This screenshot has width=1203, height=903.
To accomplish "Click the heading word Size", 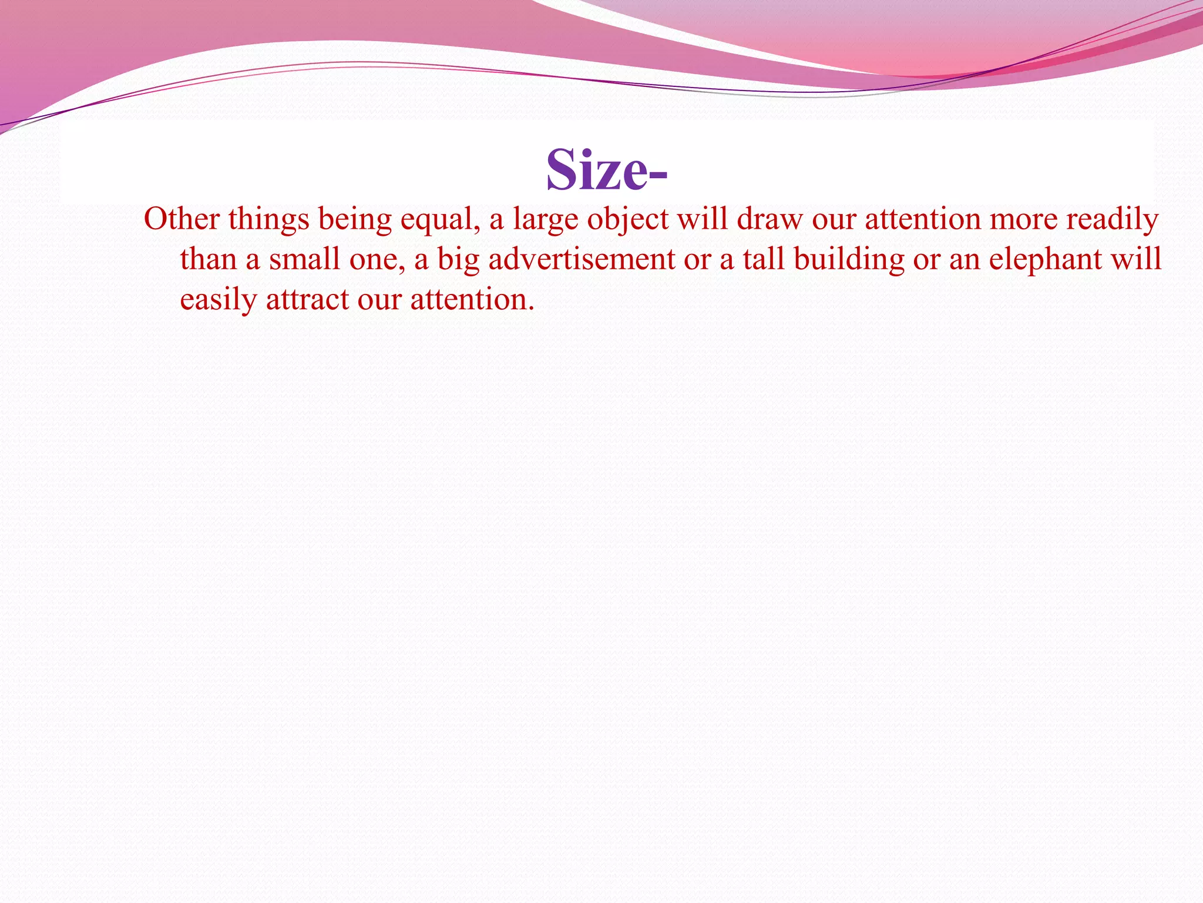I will click(x=596, y=170).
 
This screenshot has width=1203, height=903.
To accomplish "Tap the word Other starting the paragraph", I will click(x=182, y=219).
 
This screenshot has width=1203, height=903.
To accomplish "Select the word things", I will click(x=268, y=219).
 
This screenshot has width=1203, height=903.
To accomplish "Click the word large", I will click(x=545, y=220).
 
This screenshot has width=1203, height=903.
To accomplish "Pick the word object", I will click(x=627, y=220).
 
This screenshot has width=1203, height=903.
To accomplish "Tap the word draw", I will click(x=769, y=219).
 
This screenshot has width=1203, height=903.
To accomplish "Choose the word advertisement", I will click(x=582, y=259).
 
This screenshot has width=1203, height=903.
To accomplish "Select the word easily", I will click(x=218, y=300).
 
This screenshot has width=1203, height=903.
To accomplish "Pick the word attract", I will click(x=307, y=300).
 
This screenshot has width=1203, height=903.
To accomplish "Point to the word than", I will click(x=208, y=259).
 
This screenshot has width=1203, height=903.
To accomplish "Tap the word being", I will click(x=354, y=220).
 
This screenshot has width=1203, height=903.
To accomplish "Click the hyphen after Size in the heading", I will click(x=658, y=175).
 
